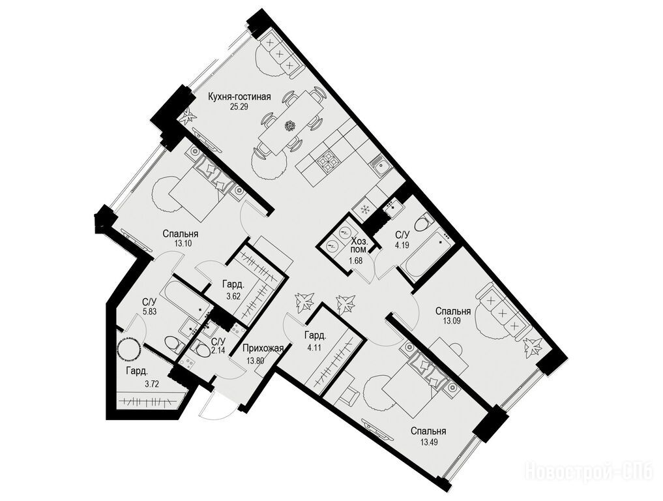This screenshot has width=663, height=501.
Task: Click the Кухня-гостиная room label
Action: [239, 97]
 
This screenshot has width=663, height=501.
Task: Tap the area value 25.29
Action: [239, 107]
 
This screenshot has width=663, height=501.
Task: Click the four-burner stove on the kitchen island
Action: [329, 161]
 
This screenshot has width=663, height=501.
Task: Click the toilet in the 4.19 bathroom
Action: [424, 223]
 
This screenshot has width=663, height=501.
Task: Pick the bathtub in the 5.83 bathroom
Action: [187, 297]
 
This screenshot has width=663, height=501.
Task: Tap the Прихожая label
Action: [263, 348]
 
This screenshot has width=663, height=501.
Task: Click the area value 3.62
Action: [233, 296]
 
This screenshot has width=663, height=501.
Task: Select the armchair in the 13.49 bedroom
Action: [349, 393]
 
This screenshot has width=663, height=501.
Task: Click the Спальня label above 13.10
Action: [181, 234]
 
